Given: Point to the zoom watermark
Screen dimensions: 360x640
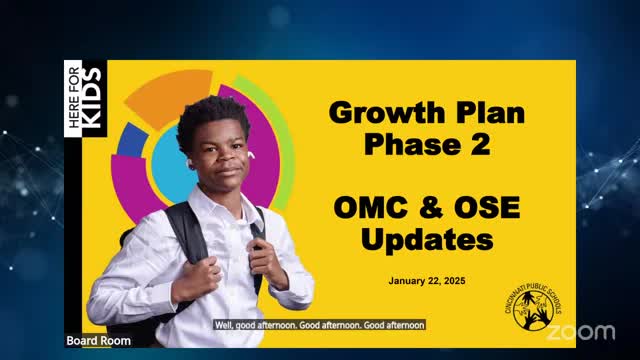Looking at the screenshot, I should click(581, 331).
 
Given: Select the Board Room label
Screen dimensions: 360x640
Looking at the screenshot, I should click(92, 341).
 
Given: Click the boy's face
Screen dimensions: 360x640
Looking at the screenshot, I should click(218, 160).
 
